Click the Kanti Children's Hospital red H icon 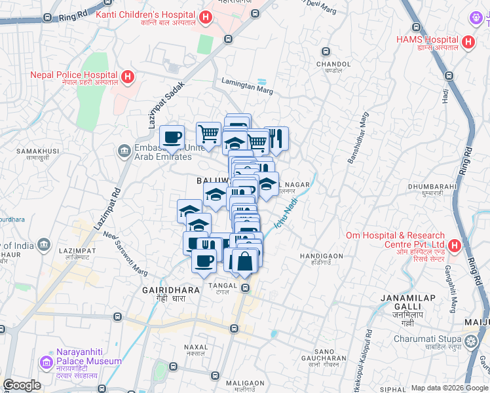click(206, 18)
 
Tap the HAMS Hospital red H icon click(468, 43)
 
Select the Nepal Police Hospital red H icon click(128, 77)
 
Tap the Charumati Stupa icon click(470, 342)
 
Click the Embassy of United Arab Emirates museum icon click(124, 152)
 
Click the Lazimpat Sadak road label click(164, 105)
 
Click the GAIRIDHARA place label click(164, 293)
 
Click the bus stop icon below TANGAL click(246, 288)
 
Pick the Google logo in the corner click(22, 385)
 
